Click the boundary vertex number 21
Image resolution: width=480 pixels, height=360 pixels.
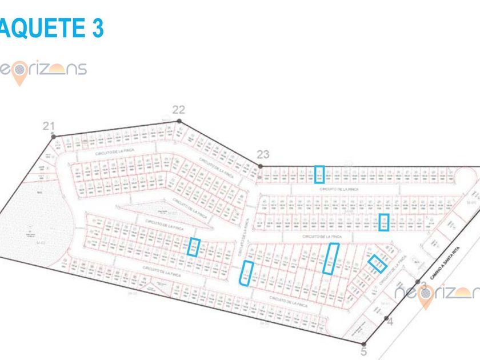[48, 126]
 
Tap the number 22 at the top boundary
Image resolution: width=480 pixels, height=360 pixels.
[179, 110]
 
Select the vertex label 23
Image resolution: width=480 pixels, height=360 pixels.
[263, 154]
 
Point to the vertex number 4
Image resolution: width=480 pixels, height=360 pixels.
[391, 322]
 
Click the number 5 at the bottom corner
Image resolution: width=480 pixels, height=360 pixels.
[363, 351]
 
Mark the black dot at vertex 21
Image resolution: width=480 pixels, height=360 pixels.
[53, 135]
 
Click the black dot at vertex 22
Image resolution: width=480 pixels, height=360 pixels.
[179, 121]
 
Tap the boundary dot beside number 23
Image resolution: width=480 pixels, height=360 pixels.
[261, 166]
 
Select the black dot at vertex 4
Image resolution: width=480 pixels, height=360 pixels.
[387, 318]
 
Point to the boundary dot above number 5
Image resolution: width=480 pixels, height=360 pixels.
[363, 341]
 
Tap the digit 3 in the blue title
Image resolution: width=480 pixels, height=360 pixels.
[96, 28]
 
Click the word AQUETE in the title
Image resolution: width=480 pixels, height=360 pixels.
[40, 28]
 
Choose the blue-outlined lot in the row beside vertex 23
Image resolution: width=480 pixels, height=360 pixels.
[319, 174]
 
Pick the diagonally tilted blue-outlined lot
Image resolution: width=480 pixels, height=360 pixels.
[377, 263]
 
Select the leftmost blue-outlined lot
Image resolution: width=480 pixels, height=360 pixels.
[194, 247]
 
